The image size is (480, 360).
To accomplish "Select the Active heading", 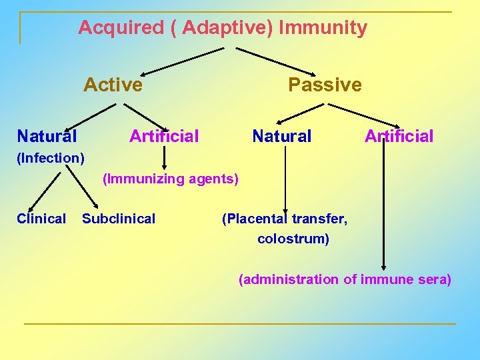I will (x=113, y=85).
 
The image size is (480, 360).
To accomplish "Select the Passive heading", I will (x=325, y=85).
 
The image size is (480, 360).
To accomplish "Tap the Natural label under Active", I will (x=47, y=137).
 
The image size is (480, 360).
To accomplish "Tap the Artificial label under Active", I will (x=164, y=137).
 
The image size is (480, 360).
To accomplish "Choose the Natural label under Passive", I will (x=281, y=137).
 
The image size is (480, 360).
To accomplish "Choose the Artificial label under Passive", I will (x=399, y=137).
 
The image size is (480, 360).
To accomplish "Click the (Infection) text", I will (x=51, y=159).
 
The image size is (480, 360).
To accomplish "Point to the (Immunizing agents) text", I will (x=170, y=179).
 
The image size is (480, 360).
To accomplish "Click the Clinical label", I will (x=41, y=219).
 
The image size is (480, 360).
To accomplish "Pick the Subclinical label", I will (x=119, y=219).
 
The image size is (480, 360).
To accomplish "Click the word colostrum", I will (x=293, y=239).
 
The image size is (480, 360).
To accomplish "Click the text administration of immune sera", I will (x=345, y=279).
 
